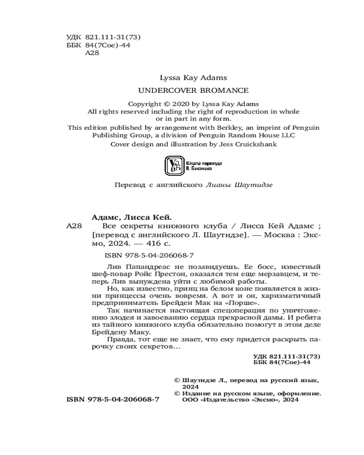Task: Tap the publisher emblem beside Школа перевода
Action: click(x=173, y=165)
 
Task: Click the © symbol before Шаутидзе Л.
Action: click(x=177, y=379)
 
